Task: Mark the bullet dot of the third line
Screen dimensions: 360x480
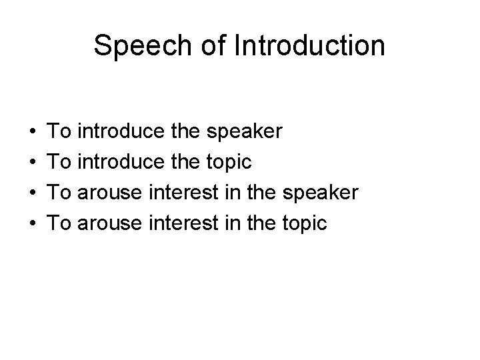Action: click(33, 193)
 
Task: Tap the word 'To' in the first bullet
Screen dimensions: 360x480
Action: click(62, 132)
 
